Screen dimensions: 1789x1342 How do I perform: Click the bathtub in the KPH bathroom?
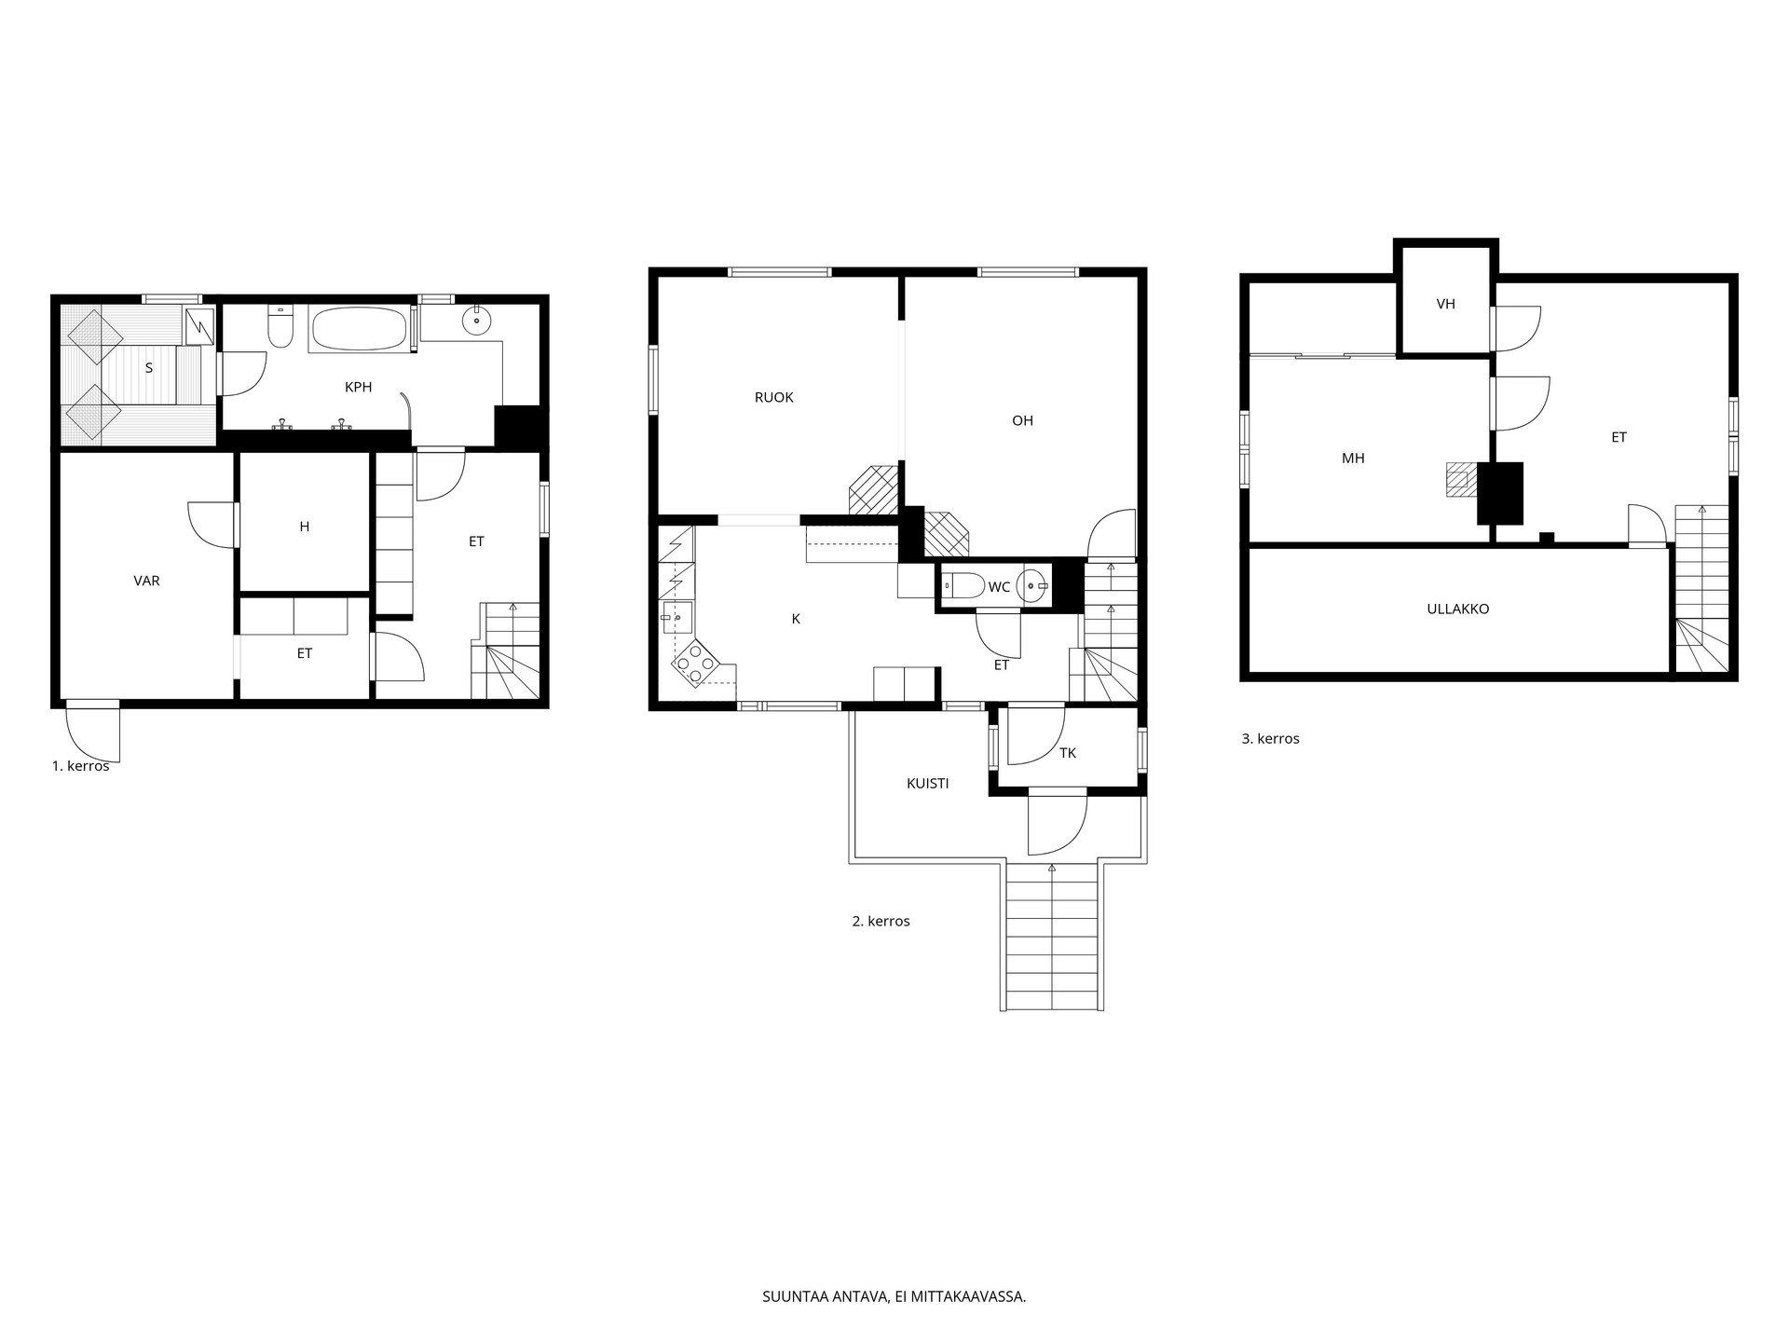click(359, 329)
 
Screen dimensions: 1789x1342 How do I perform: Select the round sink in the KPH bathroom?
click(477, 321)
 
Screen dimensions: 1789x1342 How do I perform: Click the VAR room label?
click(147, 581)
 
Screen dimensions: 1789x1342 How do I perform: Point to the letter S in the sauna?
click(149, 368)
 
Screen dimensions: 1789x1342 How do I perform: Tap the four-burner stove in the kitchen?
click(695, 662)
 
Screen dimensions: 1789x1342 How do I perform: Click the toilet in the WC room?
click(964, 586)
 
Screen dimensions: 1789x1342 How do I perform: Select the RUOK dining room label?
click(774, 397)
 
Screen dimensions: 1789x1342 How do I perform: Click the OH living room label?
click(1023, 420)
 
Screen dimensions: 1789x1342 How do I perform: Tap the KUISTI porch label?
click(928, 784)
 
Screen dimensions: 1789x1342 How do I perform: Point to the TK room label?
click(1068, 753)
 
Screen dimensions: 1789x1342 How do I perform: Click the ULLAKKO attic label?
click(1458, 609)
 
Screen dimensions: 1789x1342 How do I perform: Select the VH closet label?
click(1446, 304)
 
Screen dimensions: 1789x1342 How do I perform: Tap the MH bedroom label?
click(1353, 459)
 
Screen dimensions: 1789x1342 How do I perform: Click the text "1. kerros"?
click(81, 766)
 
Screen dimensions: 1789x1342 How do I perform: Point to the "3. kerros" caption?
click(1271, 739)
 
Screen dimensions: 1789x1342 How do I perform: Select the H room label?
click(305, 527)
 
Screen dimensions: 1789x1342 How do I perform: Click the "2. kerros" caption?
click(881, 922)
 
